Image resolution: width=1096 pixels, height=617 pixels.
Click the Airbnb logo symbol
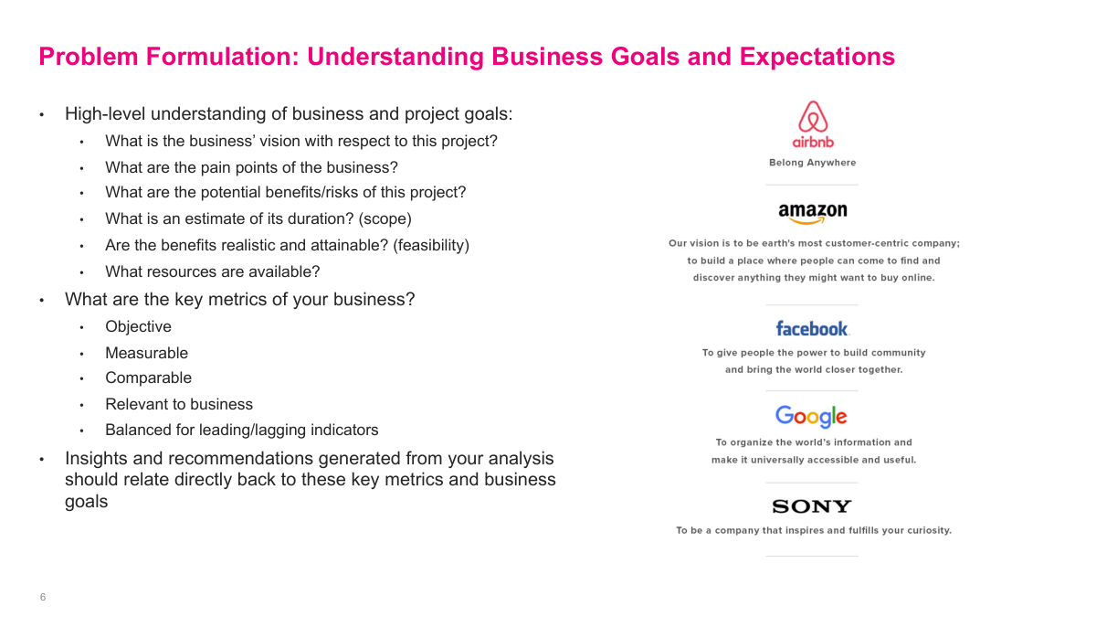coord(813,118)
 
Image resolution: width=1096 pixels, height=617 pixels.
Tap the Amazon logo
coord(813,213)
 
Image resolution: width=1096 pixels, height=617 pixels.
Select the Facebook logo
coord(812,328)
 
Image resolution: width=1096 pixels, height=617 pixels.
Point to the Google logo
coord(811,417)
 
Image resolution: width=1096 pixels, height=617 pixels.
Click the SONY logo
coord(812,506)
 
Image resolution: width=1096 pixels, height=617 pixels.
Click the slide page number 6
coord(43,598)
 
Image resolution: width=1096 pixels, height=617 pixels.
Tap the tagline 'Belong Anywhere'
coord(813,163)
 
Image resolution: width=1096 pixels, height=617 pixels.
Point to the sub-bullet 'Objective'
coord(138,327)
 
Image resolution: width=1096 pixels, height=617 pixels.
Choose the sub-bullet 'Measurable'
coord(146,353)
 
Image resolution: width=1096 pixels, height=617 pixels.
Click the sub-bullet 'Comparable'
coord(148,378)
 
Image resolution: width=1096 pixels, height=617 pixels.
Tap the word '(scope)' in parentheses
coord(385,219)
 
